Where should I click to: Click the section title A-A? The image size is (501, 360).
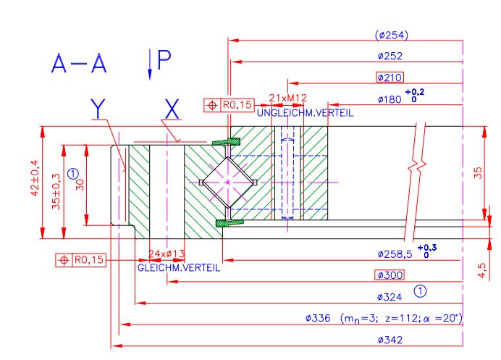coord(79,64)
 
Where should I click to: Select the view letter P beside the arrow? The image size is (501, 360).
coord(164,60)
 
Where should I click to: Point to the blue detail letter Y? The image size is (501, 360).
coord(98,109)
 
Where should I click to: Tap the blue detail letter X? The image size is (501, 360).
coord(172,109)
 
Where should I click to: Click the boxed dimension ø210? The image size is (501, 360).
coord(390,78)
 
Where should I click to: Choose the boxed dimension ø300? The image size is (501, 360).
coord(390,275)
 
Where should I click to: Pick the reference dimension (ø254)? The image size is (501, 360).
coord(392,35)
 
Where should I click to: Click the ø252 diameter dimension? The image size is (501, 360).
coord(390,56)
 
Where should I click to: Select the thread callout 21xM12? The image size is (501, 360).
coord(287,98)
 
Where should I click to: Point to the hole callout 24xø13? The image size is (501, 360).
coord(167,254)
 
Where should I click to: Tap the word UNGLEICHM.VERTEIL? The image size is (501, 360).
coord(305,113)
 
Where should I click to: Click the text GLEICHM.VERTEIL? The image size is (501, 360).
coord(179,267)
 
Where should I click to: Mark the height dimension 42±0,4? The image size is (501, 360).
coord(35,177)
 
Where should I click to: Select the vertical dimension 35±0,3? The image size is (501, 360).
coord(56,191)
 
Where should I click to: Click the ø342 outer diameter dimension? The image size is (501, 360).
coord(390,340)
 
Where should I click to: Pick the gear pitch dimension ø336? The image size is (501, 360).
coord(318,318)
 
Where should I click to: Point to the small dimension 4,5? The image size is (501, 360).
coord(481,270)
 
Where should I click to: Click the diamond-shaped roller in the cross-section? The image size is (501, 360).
coord(228,183)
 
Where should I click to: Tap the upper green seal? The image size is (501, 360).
coord(226,142)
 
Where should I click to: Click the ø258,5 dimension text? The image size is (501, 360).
coord(395,254)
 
